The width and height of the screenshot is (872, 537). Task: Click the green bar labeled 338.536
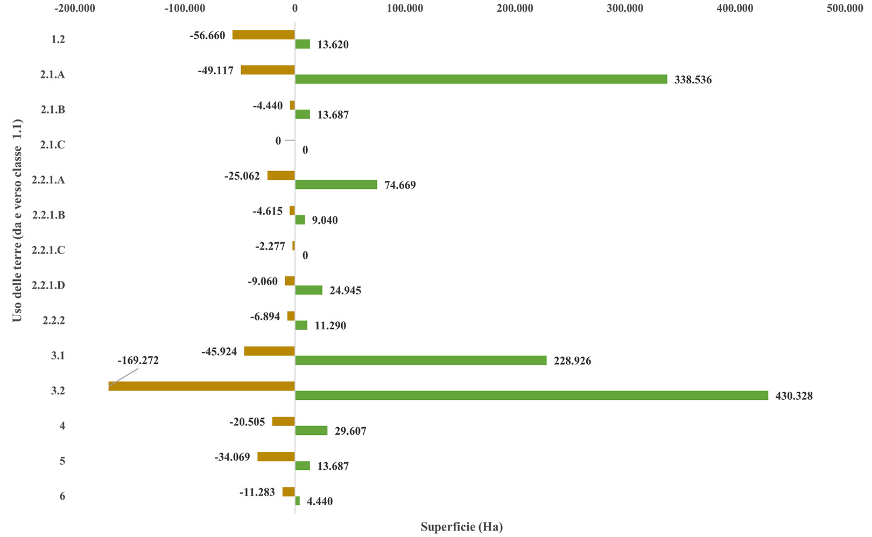click(481, 79)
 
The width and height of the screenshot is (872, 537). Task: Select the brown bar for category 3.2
click(201, 386)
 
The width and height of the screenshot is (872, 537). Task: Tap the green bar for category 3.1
click(420, 361)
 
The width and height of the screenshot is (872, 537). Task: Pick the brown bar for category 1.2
click(263, 35)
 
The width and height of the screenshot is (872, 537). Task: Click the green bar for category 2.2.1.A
click(336, 185)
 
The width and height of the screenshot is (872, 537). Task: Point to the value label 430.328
click(793, 396)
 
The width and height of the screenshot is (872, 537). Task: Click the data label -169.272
click(138, 361)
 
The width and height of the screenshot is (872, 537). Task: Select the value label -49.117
click(215, 70)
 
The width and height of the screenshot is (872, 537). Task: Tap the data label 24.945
click(345, 291)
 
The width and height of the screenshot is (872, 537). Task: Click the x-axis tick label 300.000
click(624, 8)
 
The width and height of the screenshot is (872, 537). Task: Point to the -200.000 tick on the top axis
click(74, 8)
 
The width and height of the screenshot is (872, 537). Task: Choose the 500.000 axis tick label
click(845, 8)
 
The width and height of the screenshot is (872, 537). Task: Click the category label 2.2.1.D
click(48, 285)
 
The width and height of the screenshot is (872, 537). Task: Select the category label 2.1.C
click(52, 145)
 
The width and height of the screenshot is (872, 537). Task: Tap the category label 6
click(62, 496)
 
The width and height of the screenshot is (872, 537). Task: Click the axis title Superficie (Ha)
click(461, 527)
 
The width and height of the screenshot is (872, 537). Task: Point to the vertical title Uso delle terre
click(17, 221)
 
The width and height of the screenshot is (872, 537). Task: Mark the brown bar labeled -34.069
click(276, 456)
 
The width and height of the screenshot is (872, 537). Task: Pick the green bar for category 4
click(311, 430)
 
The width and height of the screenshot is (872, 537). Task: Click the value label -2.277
click(270, 246)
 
